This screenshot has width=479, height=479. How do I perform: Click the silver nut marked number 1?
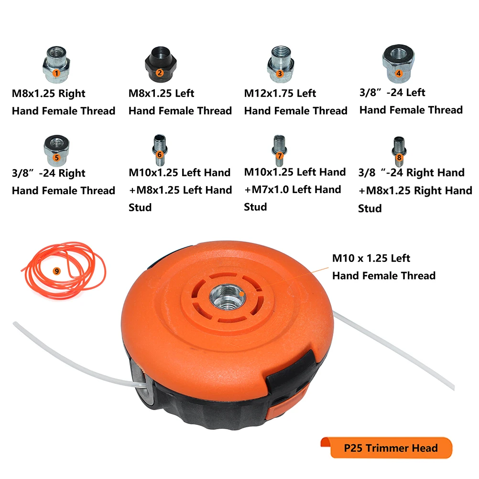pos(56,64)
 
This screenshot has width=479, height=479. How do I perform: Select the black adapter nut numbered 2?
pos(161,64)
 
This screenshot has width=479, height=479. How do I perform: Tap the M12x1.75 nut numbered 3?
pos(281,64)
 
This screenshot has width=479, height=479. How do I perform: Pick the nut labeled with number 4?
pos(398,64)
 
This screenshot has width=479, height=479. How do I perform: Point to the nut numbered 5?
pos(56,150)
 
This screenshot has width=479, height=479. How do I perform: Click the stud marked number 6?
pos(160,150)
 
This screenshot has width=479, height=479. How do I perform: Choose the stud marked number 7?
pos(279,150)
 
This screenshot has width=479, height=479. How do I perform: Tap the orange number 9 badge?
pos(56,271)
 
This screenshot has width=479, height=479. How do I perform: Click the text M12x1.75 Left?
pos(280,93)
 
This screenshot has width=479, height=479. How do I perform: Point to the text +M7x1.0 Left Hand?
pos(293,189)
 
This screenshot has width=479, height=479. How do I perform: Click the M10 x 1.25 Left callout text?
pos(371,258)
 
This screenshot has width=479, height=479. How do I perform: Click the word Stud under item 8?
pos(370,208)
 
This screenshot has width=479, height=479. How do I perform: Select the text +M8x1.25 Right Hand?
pos(415,191)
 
